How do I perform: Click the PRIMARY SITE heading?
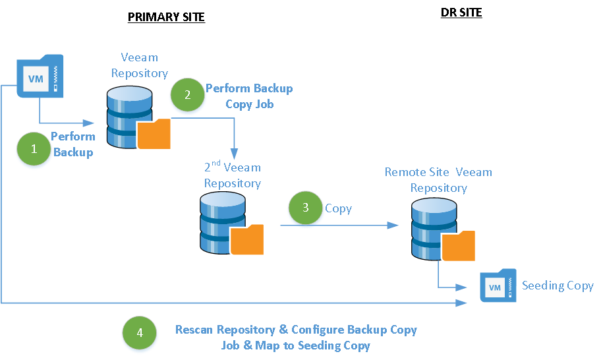point(166,17)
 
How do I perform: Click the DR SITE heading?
point(461,13)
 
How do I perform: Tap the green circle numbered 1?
point(34,148)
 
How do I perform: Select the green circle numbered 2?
point(188,94)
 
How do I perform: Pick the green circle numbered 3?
point(306,208)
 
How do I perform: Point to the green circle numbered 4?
point(140,332)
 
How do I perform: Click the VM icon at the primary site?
point(40,76)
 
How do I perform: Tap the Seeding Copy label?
point(558,285)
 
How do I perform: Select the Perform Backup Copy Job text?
point(249,96)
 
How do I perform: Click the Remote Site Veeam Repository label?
point(438,180)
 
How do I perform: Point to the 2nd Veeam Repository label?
point(232,175)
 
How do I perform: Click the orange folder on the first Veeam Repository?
point(154,134)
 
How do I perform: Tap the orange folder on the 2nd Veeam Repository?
point(247,239)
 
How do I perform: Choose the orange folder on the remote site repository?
point(458,247)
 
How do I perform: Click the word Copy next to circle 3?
point(338,208)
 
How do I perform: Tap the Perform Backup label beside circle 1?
point(72,144)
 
